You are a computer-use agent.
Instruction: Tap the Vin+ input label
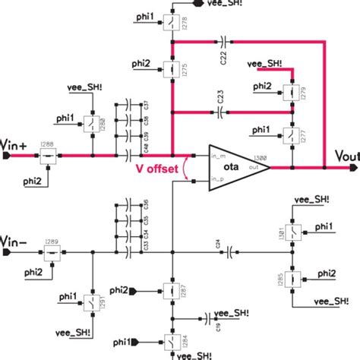click(15, 144)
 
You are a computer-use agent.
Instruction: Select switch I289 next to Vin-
click(52, 251)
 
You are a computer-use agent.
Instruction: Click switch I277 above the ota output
click(290, 137)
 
